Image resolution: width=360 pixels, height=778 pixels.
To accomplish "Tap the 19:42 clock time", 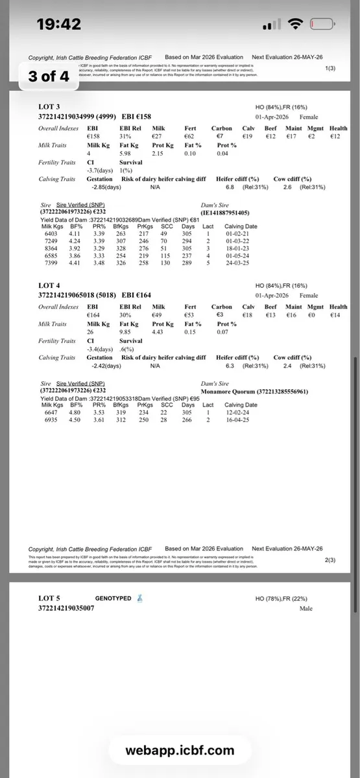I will (x=59, y=25).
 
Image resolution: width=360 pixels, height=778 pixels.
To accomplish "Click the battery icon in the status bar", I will (x=323, y=25).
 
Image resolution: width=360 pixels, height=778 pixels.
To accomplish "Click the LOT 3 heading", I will (x=49, y=106).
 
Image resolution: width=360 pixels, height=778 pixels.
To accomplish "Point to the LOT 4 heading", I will (x=49, y=285).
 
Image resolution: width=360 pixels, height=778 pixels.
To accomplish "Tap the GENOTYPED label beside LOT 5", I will (x=113, y=598).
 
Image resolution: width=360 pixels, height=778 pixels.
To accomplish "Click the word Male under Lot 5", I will (x=306, y=609).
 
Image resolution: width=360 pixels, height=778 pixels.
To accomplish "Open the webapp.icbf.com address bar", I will (x=180, y=751).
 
